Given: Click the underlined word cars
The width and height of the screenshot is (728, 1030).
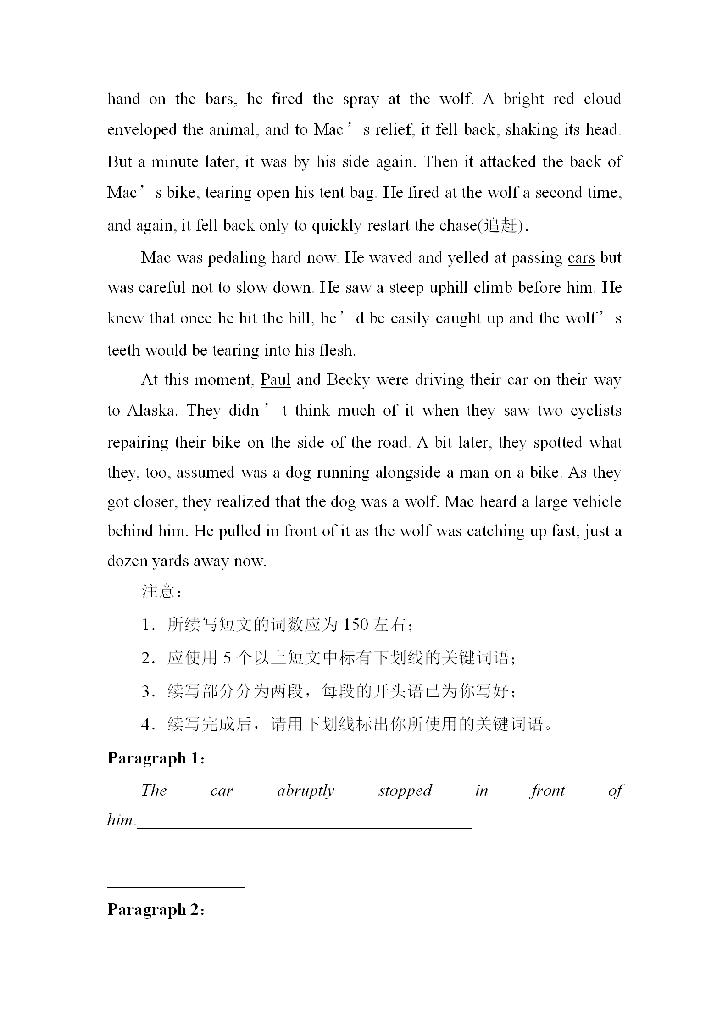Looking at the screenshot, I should click(581, 258).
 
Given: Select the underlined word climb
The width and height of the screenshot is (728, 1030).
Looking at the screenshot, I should click(493, 288).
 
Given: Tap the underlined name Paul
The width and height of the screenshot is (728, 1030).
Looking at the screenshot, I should click(275, 380).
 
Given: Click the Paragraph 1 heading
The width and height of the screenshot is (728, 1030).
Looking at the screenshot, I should click(156, 758).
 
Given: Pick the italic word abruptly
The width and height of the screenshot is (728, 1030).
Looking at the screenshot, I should click(306, 791).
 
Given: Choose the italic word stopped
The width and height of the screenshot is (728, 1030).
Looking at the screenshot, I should click(405, 791).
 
